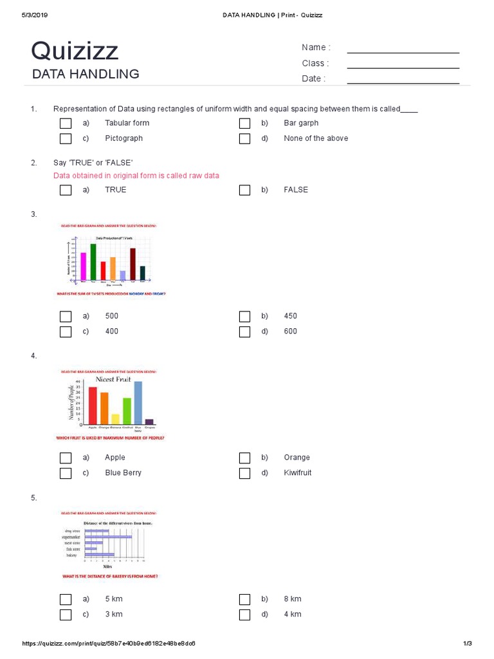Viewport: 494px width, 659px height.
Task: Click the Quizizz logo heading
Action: [x=75, y=51]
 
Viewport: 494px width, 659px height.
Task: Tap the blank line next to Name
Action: [x=403, y=51]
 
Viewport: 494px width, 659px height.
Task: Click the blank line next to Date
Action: [x=403, y=82]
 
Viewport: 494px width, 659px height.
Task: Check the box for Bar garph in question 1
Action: [x=244, y=123]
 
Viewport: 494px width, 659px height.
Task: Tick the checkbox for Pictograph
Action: [x=66, y=138]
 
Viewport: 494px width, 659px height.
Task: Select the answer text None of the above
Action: [x=316, y=138]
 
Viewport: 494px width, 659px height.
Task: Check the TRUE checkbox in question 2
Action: [x=66, y=190]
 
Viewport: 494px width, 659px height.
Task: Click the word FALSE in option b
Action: [x=296, y=190]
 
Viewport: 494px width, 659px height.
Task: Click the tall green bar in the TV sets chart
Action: [x=93, y=262]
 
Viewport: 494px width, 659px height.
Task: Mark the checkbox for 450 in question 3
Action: [x=244, y=316]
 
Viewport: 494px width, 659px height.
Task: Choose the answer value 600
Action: [x=291, y=331]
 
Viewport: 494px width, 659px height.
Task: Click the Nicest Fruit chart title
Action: [x=114, y=380]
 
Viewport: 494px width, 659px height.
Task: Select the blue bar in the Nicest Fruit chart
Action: [x=138, y=403]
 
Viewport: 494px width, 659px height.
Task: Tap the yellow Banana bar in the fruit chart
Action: [x=116, y=419]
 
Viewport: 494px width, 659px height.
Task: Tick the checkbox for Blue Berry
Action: [x=66, y=473]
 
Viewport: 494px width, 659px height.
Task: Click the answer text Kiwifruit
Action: [x=298, y=473]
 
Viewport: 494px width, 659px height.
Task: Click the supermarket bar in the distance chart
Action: [x=108, y=536]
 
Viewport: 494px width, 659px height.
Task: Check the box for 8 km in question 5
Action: [x=244, y=599]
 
